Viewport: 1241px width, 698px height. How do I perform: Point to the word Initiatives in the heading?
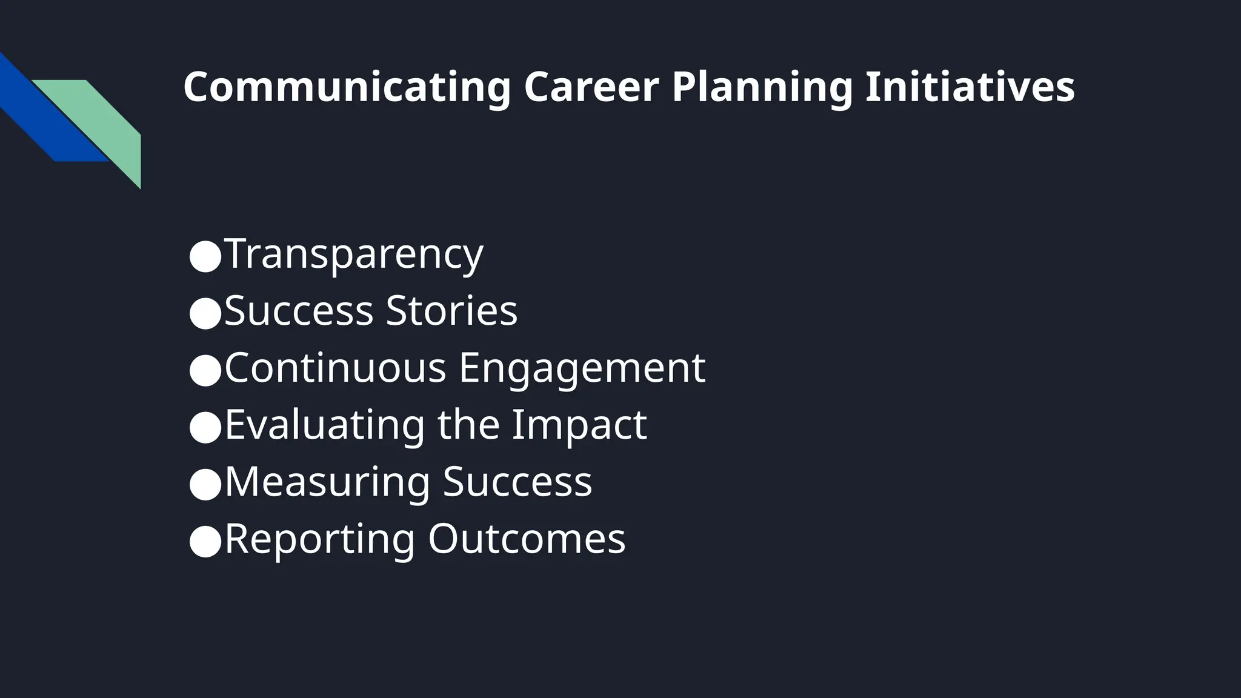(970, 87)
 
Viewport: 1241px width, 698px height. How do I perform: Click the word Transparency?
(354, 254)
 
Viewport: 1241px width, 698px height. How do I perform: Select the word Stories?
(451, 311)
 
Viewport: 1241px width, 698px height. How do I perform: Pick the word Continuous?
(335, 368)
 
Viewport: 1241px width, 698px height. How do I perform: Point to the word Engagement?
(582, 369)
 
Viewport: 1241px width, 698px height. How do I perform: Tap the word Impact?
(579, 425)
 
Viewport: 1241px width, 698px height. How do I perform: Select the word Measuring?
(327, 483)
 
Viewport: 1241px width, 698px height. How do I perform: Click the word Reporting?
(319, 540)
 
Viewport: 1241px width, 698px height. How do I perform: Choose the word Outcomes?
(527, 539)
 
